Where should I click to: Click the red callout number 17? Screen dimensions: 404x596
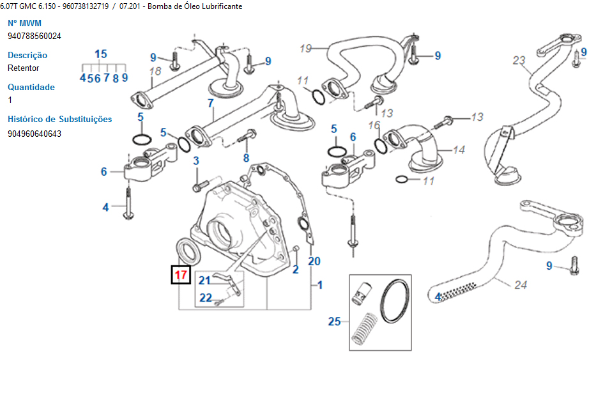click(181, 275)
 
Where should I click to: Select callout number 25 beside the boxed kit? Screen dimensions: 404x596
click(335, 322)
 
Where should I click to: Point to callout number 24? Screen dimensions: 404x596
click(521, 285)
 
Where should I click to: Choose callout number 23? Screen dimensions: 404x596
click(519, 61)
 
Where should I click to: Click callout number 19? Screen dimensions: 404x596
click(305, 48)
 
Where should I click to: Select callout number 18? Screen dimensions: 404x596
click(155, 71)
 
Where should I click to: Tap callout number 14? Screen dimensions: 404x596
click(459, 150)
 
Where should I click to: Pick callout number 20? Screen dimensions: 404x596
click(314, 261)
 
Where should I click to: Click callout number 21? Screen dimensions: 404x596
click(204, 280)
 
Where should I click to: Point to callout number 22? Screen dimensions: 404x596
click(205, 297)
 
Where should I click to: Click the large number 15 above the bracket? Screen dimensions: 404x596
click(101, 54)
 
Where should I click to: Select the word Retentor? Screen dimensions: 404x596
click(23, 68)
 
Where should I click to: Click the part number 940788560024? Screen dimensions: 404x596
click(34, 36)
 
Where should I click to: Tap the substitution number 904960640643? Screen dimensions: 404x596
click(34, 134)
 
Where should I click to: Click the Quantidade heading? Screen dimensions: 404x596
click(31, 87)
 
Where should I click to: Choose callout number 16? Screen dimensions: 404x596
click(374, 125)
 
